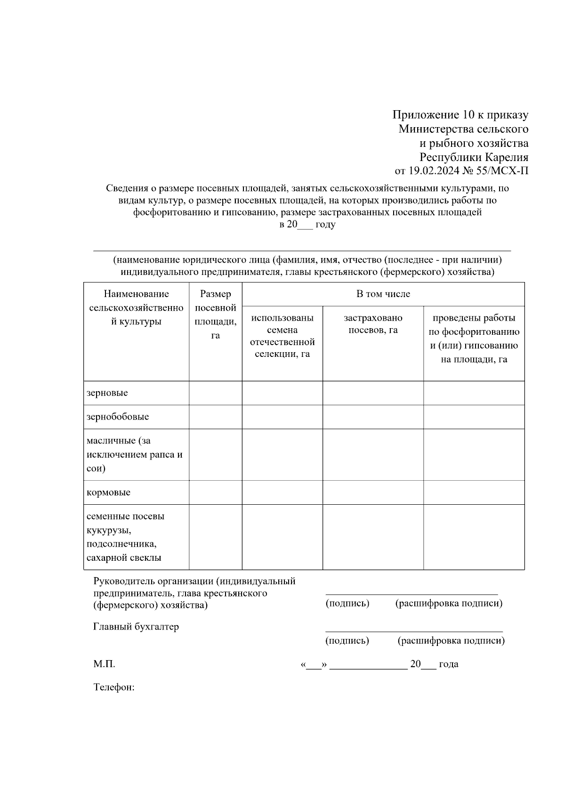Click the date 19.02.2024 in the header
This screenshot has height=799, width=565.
431,171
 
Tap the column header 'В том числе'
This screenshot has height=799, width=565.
383,294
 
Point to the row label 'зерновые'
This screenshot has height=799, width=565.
107,393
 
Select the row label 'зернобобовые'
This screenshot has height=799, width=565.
118,417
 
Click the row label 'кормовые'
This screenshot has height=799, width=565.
109,492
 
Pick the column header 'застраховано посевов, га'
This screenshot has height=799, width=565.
373,324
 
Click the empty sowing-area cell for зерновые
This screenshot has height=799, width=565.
216,393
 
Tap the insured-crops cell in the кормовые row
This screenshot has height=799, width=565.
373,492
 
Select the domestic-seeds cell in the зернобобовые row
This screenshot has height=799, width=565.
282,417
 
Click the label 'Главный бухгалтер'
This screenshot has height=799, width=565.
136,627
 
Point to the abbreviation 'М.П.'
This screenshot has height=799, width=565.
104,664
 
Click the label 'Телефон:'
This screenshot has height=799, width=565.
114,687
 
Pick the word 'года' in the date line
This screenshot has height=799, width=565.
449,664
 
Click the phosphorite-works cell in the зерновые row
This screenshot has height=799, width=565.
474,393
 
